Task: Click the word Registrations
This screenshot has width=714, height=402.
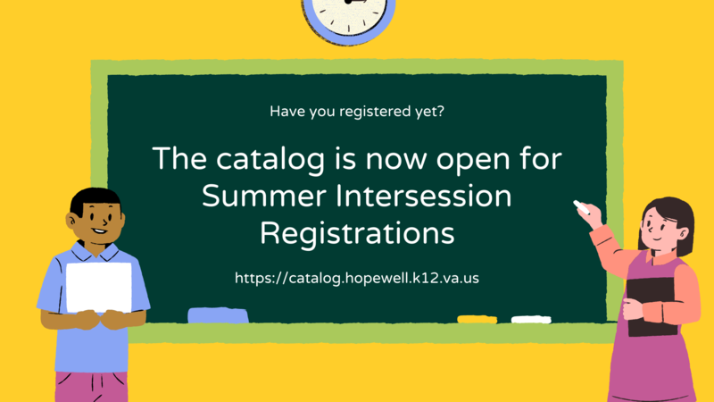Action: pyautogui.click(x=357, y=233)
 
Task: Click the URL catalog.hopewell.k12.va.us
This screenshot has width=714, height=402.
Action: pyautogui.click(x=357, y=278)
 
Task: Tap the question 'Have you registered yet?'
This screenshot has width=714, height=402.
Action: pyautogui.click(x=357, y=112)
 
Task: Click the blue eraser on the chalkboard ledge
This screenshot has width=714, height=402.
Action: pyautogui.click(x=218, y=314)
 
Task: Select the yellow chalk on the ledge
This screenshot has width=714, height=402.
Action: pyautogui.click(x=477, y=319)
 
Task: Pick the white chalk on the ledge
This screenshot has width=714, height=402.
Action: pyautogui.click(x=530, y=319)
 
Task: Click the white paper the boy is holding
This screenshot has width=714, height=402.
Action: pyautogui.click(x=98, y=286)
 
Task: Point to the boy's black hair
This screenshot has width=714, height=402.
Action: pyautogui.click(x=93, y=199)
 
